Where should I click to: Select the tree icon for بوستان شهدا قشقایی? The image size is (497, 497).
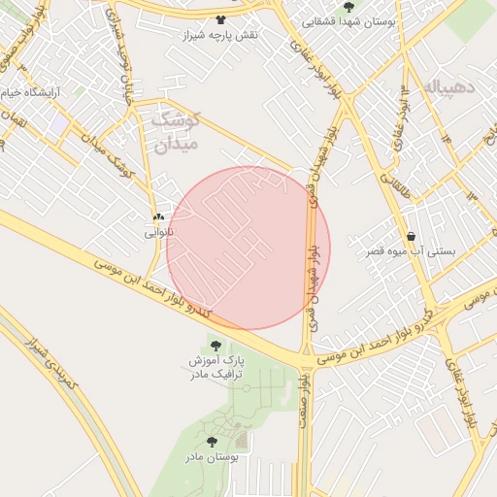tap(348, 7)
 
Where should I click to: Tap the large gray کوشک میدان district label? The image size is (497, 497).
tap(176, 133)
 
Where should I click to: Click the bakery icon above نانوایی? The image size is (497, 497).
tap(158, 217)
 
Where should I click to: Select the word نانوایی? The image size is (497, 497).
tap(158, 233)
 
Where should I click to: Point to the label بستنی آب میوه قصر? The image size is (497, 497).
tap(409, 251)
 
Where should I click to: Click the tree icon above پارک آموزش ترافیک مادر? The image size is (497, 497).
tap(215, 345)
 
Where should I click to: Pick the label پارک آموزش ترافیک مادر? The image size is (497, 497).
tap(215, 367)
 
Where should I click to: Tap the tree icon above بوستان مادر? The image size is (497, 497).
tap(211, 442)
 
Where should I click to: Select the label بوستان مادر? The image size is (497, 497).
tap(211, 456)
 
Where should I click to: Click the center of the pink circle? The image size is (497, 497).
tap(248, 248)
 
